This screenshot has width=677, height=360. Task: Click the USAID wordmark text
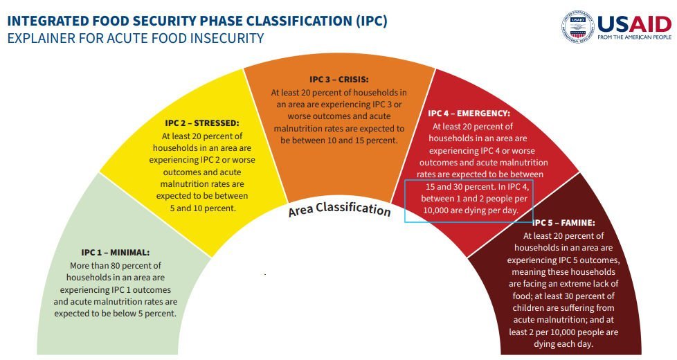(x=634, y=24)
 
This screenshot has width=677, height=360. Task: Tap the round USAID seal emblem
(x=578, y=26)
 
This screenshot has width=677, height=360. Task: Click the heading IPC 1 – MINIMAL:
(x=116, y=253)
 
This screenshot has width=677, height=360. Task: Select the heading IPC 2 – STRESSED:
(x=202, y=123)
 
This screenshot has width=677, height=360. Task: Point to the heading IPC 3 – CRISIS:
(x=339, y=80)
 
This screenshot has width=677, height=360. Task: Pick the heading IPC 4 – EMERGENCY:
(x=469, y=113)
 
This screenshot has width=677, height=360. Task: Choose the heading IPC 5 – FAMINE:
(x=563, y=223)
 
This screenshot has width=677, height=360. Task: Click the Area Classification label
(x=339, y=209)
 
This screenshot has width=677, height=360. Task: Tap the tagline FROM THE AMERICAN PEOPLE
(x=634, y=37)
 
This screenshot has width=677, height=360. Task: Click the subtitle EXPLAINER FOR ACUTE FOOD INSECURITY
(x=136, y=38)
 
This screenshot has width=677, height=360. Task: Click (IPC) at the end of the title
(x=372, y=21)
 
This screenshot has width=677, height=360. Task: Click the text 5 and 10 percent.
(x=203, y=208)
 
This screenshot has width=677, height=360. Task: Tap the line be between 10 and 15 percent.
(x=339, y=141)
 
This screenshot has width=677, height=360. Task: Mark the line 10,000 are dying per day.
(x=471, y=210)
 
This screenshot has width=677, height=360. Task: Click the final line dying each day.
(x=563, y=344)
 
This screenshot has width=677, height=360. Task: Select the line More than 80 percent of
(x=116, y=265)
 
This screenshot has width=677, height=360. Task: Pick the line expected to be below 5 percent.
(x=116, y=314)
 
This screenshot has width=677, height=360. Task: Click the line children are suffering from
(x=563, y=308)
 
